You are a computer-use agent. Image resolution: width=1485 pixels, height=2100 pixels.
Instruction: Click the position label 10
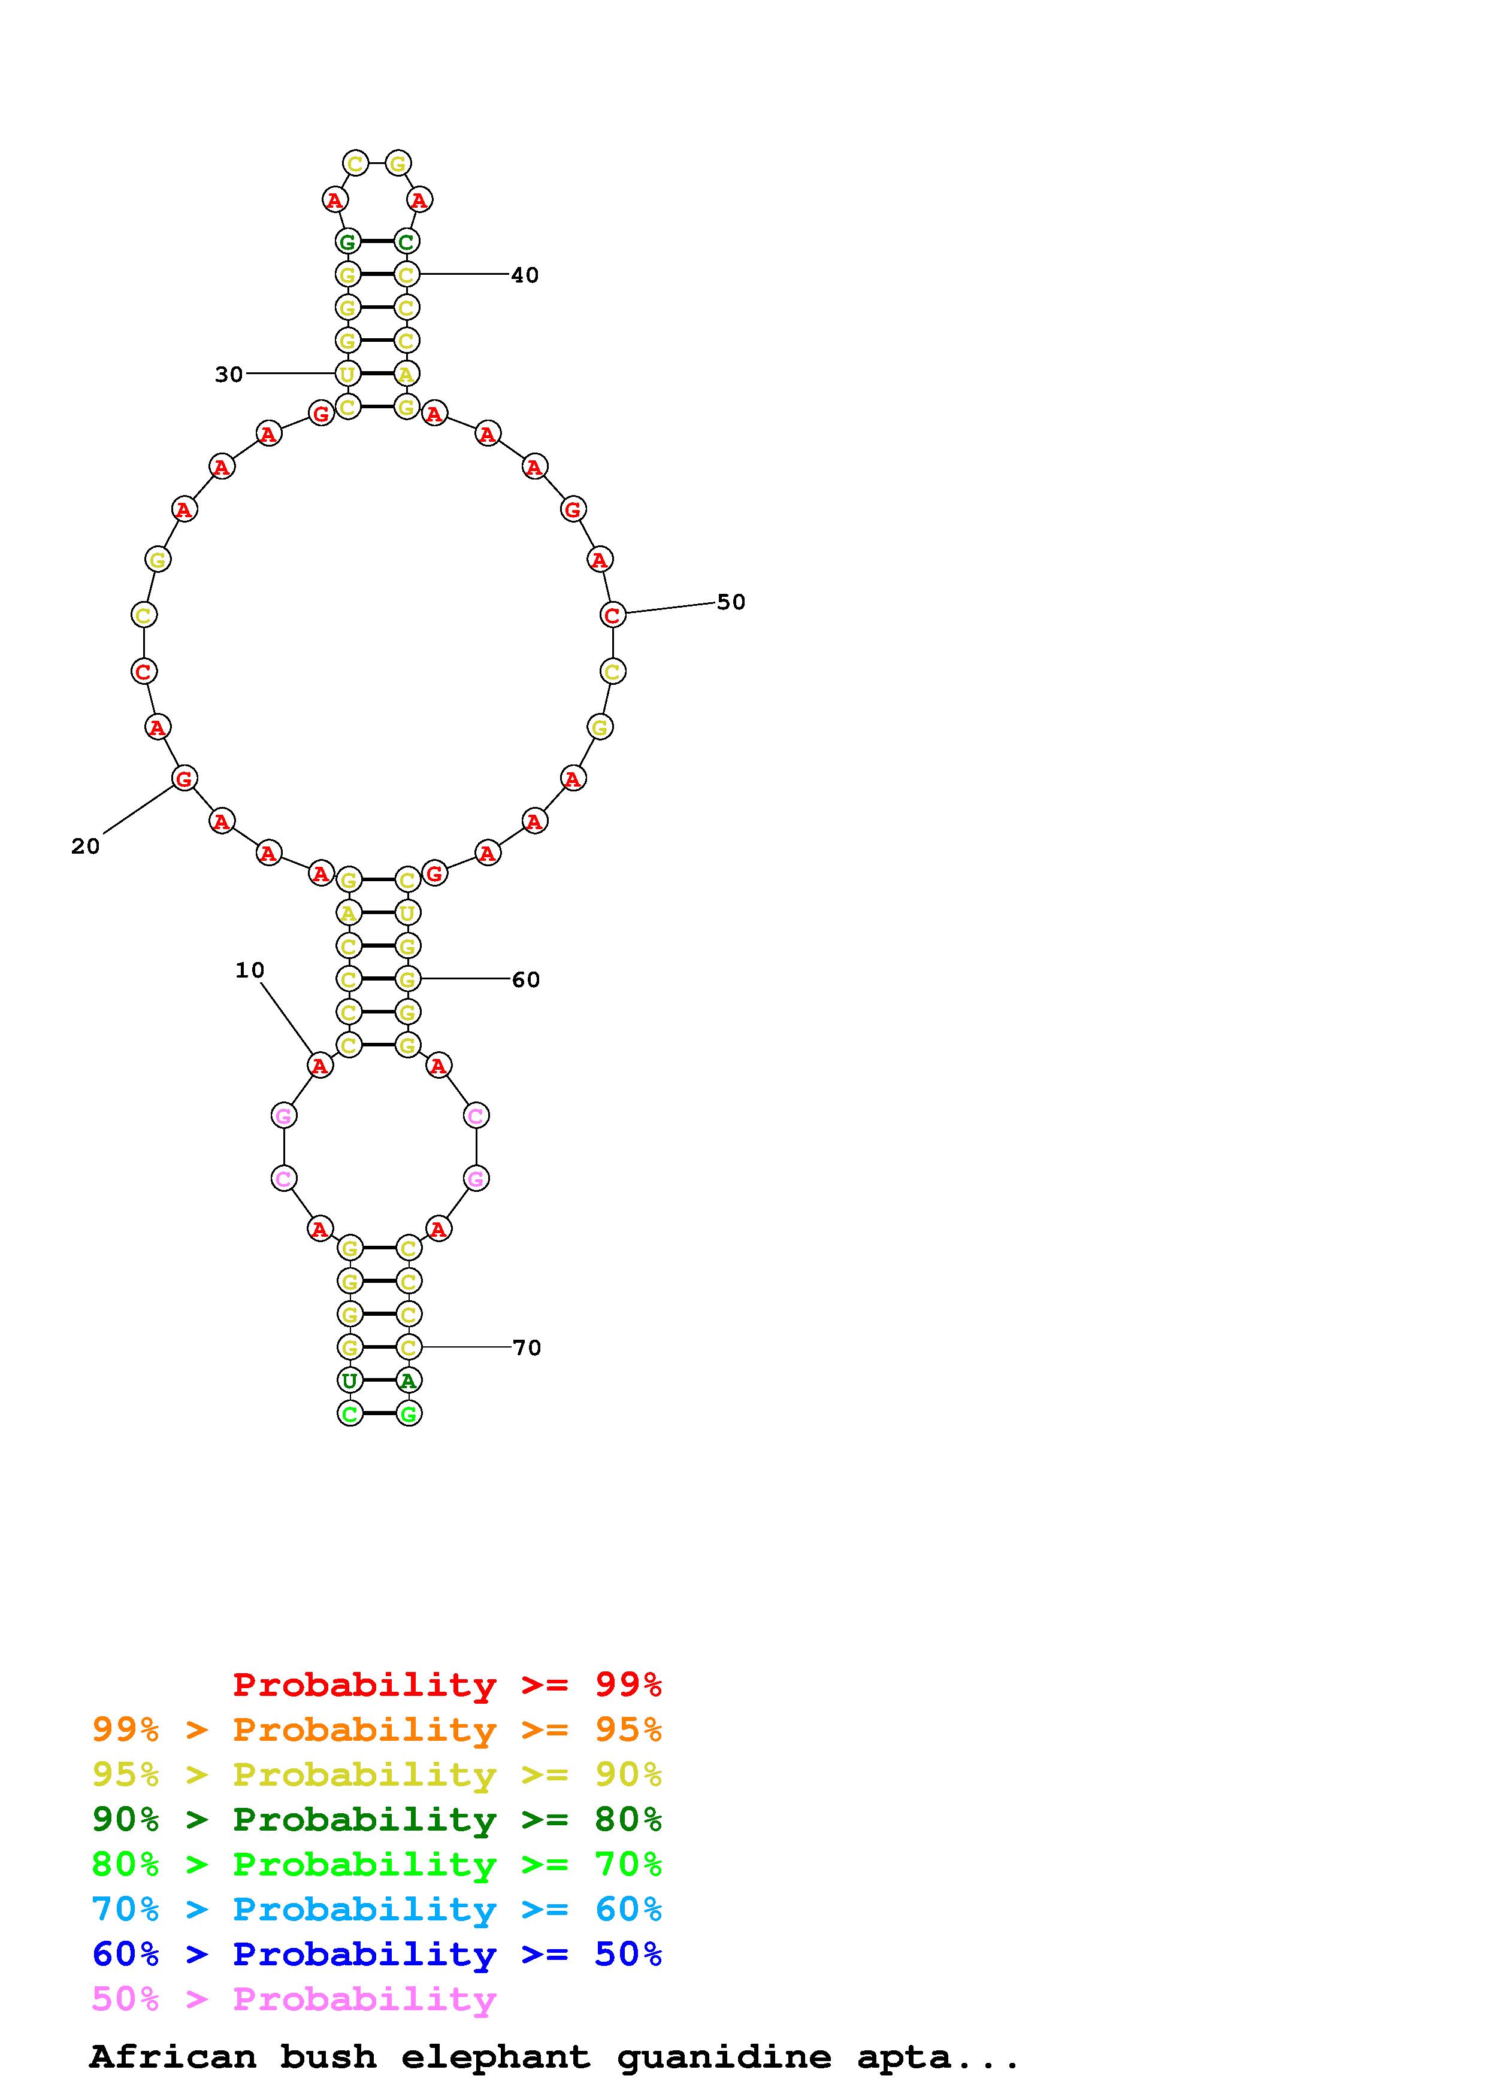pos(250,970)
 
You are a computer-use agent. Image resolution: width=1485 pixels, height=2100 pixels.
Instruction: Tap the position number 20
pos(85,847)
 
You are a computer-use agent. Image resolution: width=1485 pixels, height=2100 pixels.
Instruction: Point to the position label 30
pos(229,374)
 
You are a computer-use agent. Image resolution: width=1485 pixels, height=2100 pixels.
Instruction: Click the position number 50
pos(731,602)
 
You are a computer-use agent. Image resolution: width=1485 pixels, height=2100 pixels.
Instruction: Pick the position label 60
pos(526,979)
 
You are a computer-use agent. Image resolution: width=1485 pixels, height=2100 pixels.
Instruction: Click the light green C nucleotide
pos(349,1413)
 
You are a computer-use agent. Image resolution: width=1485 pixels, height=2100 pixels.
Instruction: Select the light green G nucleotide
pos(408,1413)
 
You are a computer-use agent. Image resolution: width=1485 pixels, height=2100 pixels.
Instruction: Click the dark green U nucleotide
pos(349,1380)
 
